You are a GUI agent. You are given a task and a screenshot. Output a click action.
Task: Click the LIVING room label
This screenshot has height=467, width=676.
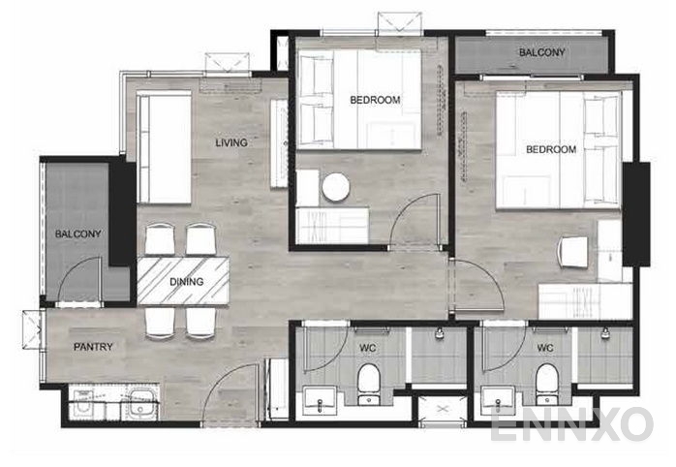tap(231, 143)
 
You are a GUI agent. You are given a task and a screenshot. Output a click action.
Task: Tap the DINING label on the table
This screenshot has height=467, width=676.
tap(186, 282)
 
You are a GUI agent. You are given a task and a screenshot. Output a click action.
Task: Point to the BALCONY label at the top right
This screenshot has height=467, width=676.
tap(542, 51)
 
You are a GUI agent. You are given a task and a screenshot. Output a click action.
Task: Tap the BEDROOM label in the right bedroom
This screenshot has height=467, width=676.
tap(551, 150)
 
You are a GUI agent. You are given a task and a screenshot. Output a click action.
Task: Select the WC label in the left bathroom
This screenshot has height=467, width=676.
tap(368, 347)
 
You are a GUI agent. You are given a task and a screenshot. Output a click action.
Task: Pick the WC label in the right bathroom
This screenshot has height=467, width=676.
tap(545, 347)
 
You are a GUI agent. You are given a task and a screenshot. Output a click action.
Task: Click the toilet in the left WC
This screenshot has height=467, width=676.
tap(369, 383)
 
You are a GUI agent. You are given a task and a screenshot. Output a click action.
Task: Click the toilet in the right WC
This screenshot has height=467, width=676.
tap(546, 383)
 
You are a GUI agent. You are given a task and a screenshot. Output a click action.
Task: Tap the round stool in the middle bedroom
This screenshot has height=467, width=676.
tap(336, 187)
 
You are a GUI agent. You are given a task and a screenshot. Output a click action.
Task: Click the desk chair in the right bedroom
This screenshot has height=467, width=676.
tap(573, 251)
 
